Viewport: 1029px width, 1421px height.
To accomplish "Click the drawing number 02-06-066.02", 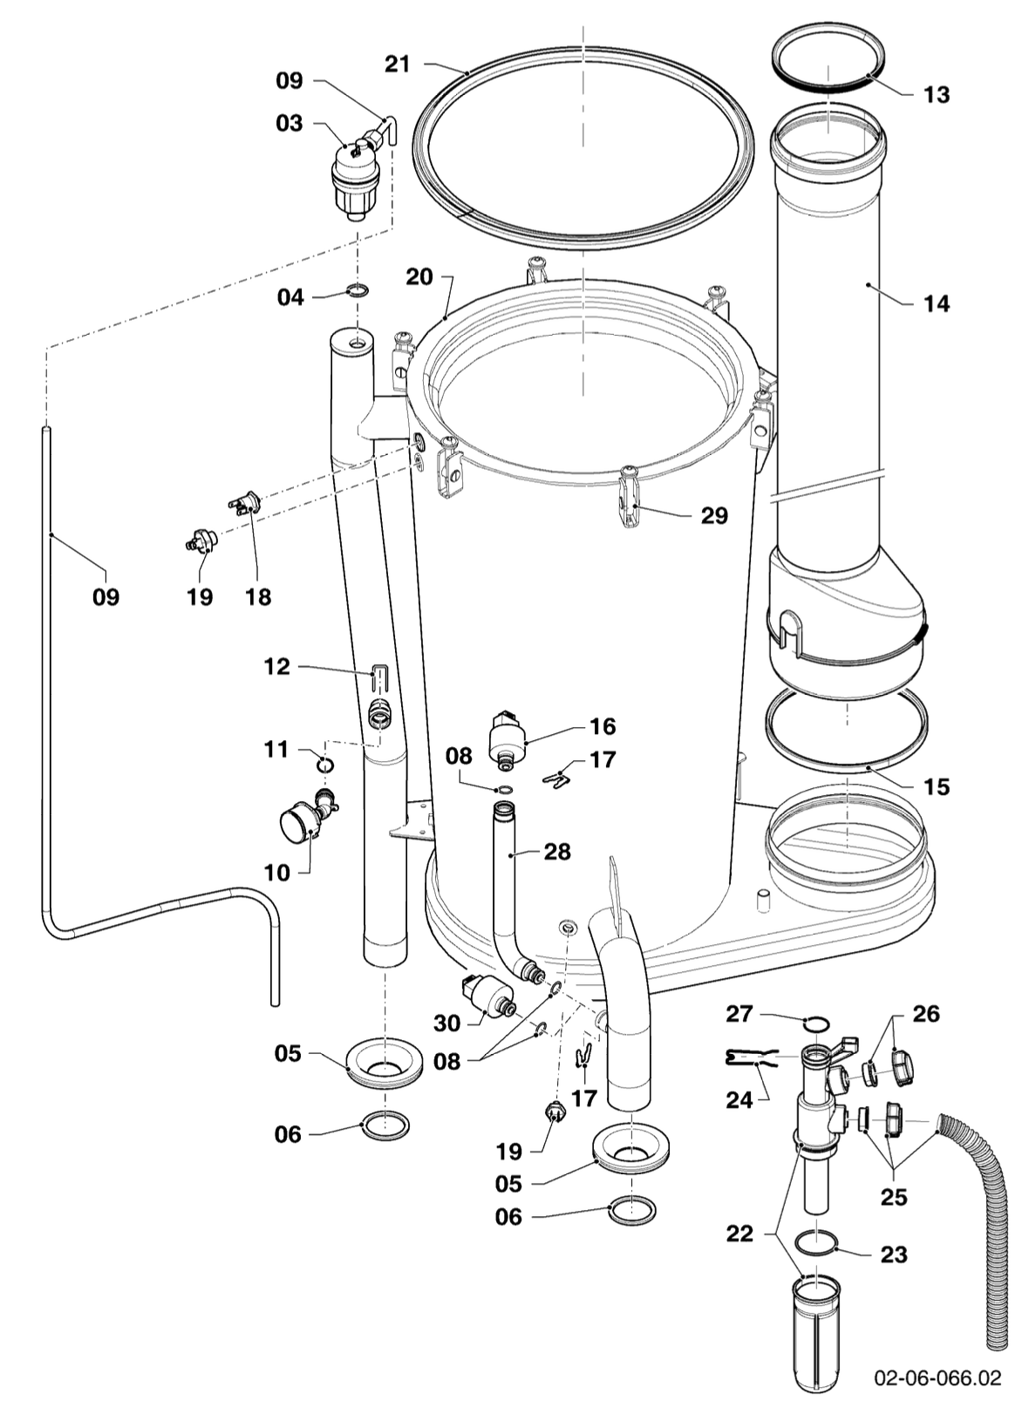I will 937,1378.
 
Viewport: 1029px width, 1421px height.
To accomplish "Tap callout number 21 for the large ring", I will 397,64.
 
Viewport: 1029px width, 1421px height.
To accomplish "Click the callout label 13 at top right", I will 936,94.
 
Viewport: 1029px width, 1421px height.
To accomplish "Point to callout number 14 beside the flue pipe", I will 936,303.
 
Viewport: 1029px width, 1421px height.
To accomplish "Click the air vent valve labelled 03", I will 353,179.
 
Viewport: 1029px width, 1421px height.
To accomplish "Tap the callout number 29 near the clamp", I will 713,515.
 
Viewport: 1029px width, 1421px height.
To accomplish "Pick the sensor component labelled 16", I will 506,738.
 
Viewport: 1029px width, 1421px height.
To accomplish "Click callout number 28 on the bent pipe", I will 556,851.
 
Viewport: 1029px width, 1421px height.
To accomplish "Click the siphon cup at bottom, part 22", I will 817,1329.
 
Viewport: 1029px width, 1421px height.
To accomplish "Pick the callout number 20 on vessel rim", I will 419,276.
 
